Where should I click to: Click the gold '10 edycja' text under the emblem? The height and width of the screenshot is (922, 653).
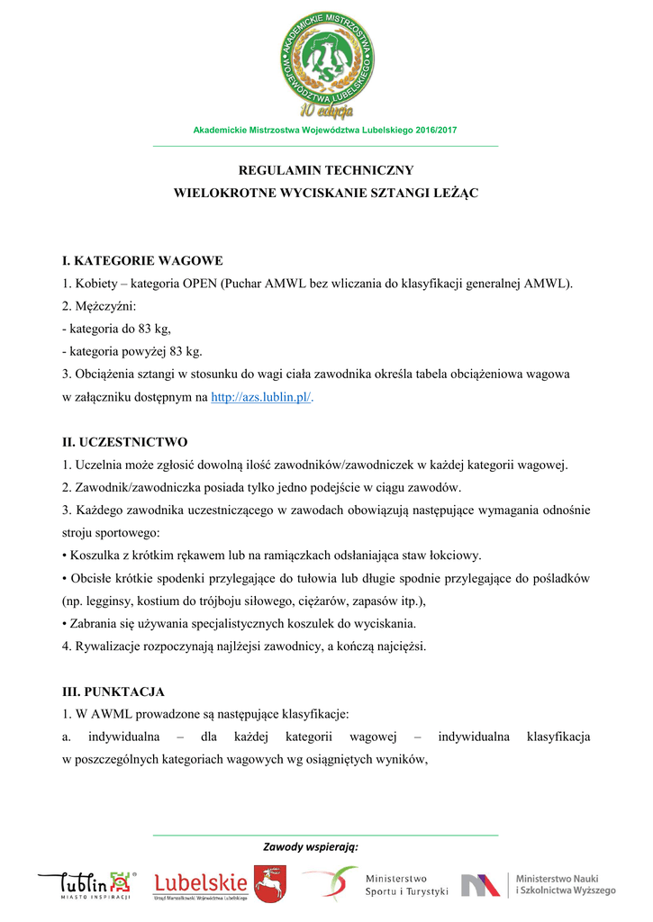pyautogui.click(x=327, y=111)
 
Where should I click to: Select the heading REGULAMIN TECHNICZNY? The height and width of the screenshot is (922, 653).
pyautogui.click(x=325, y=169)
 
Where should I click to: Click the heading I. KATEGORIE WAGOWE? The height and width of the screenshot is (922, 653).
pyautogui.click(x=142, y=261)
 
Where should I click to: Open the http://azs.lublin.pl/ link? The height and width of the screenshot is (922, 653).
pyautogui.click(x=262, y=397)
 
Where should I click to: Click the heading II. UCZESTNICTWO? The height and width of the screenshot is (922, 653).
pyautogui.click(x=124, y=442)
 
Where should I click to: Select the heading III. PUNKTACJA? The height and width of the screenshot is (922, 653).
pyautogui.click(x=113, y=691)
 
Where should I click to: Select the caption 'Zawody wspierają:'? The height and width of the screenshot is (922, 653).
pyautogui.click(x=311, y=847)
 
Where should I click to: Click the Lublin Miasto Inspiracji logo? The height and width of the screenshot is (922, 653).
pyautogui.click(x=86, y=885)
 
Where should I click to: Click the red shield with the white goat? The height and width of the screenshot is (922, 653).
pyautogui.click(x=269, y=884)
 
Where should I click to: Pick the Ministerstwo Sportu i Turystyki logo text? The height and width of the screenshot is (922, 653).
pyautogui.click(x=405, y=885)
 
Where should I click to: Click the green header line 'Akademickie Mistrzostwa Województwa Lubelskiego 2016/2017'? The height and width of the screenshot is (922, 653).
pyautogui.click(x=325, y=131)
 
